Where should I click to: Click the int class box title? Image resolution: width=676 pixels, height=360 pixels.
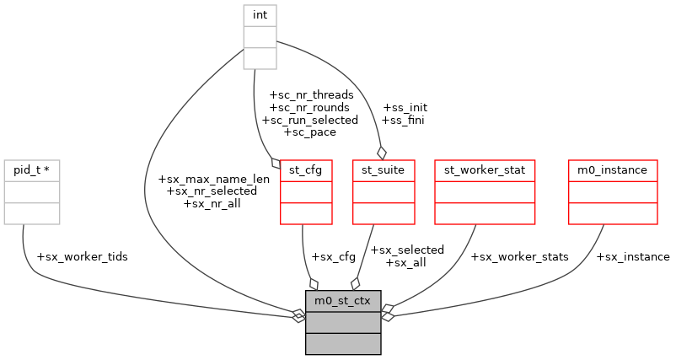click(x=260, y=15)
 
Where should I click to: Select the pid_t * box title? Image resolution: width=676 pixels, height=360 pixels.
click(x=31, y=169)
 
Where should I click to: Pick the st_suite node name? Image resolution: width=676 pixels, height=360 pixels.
click(x=384, y=169)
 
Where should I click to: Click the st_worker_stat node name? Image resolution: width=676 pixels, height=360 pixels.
click(x=484, y=169)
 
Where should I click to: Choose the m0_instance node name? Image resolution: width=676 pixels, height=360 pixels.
click(x=612, y=169)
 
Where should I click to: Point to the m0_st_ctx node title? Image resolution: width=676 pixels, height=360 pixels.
click(x=343, y=301)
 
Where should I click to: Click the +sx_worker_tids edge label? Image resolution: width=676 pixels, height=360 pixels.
click(x=83, y=256)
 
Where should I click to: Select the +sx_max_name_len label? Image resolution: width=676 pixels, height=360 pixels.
click(x=213, y=179)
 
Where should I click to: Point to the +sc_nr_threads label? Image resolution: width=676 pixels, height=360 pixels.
click(x=310, y=95)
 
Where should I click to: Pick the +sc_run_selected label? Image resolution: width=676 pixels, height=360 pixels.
click(x=310, y=120)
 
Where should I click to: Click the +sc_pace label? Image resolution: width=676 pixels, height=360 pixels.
click(x=310, y=132)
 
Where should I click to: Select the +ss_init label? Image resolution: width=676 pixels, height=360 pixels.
click(x=405, y=108)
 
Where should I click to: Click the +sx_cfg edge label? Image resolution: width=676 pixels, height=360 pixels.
click(x=332, y=256)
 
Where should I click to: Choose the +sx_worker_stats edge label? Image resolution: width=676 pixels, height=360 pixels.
click(x=519, y=256)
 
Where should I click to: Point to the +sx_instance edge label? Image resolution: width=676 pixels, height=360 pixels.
click(x=632, y=256)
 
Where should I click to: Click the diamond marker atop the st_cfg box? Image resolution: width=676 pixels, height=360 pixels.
click(x=275, y=163)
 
